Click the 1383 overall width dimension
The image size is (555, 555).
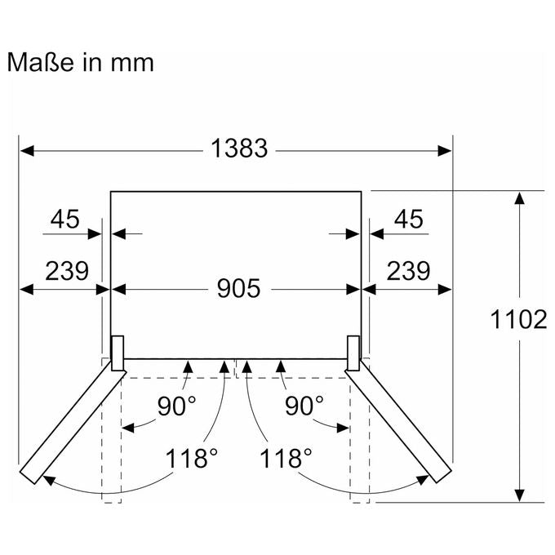[x=239, y=149]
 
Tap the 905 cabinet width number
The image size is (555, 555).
[x=238, y=288]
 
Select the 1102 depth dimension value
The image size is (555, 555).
[x=518, y=320]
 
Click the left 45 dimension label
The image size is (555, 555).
[x=64, y=219]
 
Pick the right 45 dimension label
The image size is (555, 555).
[x=408, y=219]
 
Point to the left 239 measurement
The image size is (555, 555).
[x=67, y=271]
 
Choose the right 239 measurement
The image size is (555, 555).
[x=408, y=271]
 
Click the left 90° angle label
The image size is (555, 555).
[x=176, y=406]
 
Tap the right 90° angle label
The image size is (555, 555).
[x=304, y=406]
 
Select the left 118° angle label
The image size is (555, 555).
[x=192, y=458]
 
